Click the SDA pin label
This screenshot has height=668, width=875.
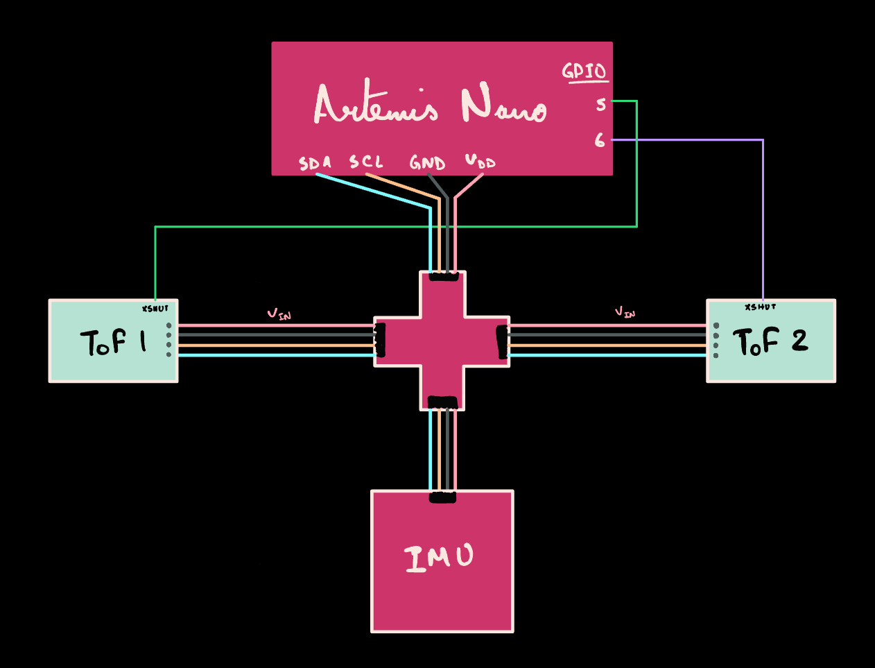point(315,163)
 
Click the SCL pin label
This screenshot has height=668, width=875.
point(366,162)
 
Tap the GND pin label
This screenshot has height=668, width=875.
point(427,163)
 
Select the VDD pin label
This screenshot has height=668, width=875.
point(480,162)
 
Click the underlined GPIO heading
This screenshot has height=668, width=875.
point(584,71)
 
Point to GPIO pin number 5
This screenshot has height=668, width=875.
point(600,105)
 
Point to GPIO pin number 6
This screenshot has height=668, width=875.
point(600,141)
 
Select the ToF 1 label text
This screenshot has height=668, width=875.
point(114,342)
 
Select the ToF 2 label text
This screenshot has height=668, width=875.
point(770,341)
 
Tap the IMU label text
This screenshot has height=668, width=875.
point(440,558)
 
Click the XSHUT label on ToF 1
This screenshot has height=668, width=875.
point(155,309)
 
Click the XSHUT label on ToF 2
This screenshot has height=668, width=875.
point(760,307)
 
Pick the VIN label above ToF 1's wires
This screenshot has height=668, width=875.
point(279,314)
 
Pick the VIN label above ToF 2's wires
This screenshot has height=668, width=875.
point(625,312)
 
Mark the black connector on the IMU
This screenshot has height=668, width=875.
point(442,497)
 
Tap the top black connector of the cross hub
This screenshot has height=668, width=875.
point(444,277)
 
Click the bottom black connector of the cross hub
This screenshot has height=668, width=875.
point(442,402)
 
